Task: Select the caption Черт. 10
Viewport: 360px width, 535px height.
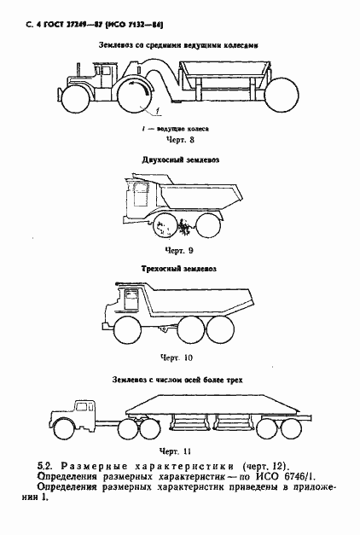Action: point(175,358)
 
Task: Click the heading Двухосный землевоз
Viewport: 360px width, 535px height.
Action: point(178,160)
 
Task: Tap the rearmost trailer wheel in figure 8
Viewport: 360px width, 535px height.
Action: point(278,90)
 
